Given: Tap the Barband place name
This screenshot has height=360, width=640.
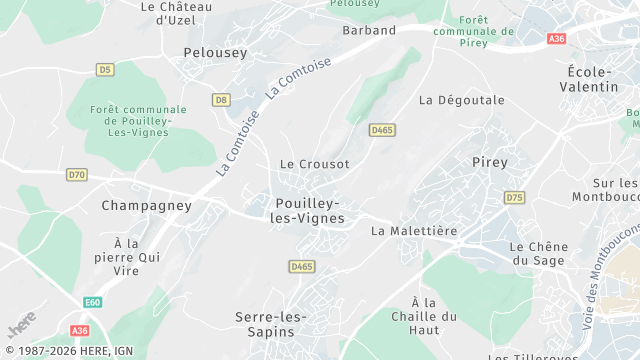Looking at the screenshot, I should [369, 30].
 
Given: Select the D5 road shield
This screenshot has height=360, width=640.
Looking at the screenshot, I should [105, 69].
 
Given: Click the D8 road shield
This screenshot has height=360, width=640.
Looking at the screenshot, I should [221, 100].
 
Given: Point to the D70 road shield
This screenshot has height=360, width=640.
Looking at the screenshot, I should [77, 174].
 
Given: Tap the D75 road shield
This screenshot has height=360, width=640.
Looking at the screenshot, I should [514, 197].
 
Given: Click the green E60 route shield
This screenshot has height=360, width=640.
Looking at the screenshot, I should [93, 302].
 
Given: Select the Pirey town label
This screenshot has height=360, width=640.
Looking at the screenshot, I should [489, 161].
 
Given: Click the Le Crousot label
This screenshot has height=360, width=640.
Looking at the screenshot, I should [314, 164].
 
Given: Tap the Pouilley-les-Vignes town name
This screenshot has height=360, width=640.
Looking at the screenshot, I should [308, 210].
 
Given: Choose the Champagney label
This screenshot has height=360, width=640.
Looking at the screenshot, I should [146, 205].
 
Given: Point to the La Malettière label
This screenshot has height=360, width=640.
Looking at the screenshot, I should [413, 230].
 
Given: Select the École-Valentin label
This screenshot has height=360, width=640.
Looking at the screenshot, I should [592, 79].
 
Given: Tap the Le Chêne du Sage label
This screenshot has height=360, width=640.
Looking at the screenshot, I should [539, 253].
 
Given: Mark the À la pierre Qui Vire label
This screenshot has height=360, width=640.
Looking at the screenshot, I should [139, 257].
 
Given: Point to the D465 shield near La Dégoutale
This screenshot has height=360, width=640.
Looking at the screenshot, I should [381, 130].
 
